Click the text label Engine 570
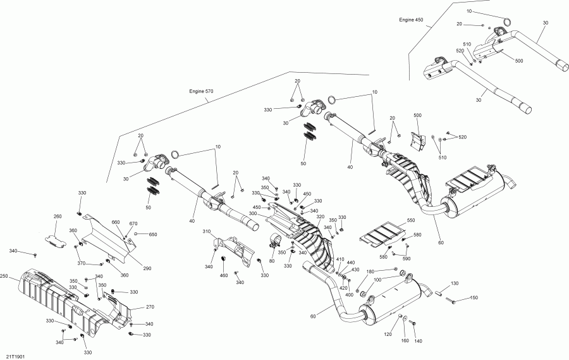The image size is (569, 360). click(x=201, y=91)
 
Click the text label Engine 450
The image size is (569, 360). click(x=411, y=20)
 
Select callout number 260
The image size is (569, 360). click(x=58, y=216)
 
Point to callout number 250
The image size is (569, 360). click(x=4, y=276)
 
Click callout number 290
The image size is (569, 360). click(x=147, y=268)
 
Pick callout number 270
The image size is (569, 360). click(x=150, y=307)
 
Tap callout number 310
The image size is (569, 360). click(x=207, y=231)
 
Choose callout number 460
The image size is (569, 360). click(x=224, y=275)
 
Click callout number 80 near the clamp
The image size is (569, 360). click(x=272, y=261)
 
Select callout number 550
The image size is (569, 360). click(x=411, y=221)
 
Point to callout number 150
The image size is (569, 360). click(x=474, y=298)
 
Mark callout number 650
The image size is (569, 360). click(x=153, y=235)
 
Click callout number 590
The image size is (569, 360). click(x=407, y=259)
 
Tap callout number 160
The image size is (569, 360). click(x=405, y=340)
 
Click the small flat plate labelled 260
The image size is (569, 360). click(x=55, y=242)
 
